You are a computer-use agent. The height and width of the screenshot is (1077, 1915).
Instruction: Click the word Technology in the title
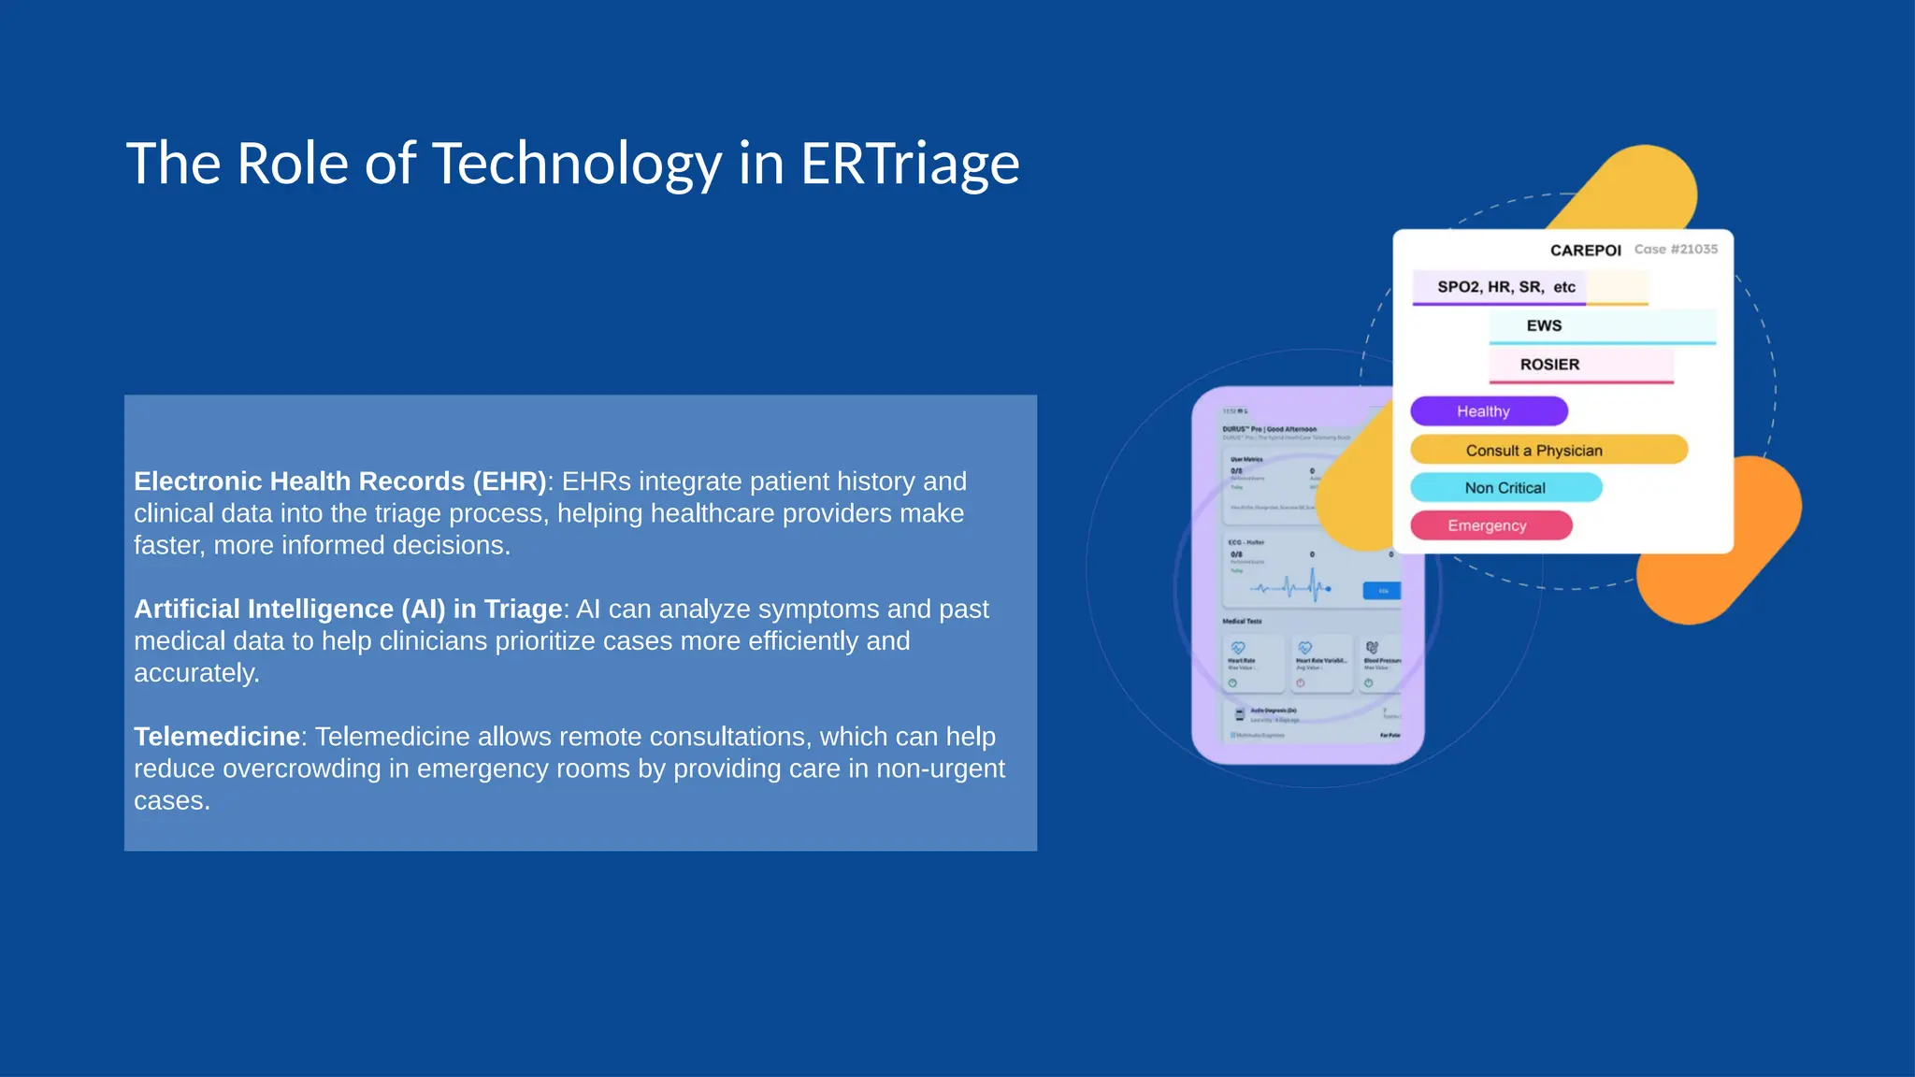576,164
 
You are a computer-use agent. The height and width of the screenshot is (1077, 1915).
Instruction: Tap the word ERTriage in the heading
909,164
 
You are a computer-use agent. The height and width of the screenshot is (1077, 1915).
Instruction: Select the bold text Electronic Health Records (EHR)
339,481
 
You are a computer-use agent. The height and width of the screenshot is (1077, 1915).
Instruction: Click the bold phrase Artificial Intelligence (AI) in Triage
348,610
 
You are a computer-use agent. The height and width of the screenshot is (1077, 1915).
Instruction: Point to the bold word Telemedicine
216,737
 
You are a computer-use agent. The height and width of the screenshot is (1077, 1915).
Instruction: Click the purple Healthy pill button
1488,411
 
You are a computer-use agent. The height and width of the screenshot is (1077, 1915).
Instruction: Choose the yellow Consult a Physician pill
1548,450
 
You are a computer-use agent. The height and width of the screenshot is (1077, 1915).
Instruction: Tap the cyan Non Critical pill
1505,488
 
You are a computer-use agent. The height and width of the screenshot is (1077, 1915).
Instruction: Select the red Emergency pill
1490,525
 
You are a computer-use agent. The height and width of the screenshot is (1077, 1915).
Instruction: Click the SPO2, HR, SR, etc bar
1505,287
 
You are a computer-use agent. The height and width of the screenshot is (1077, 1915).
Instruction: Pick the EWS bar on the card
1601,326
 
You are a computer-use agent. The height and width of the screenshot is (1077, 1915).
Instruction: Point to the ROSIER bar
1580,365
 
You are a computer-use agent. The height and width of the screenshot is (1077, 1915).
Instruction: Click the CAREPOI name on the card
1585,251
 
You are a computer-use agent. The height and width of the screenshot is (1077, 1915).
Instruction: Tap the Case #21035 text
1676,250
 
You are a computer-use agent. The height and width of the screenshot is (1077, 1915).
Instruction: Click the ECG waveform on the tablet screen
1290,587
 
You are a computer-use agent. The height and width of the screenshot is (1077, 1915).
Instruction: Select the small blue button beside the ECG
1382,591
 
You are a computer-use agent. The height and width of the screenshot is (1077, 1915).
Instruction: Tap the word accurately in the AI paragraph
196,673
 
